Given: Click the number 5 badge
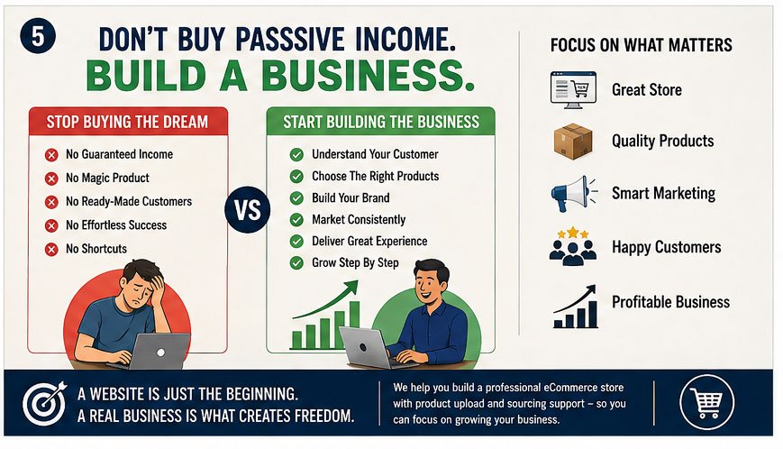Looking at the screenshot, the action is point(38,36).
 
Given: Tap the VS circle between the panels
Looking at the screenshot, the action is point(248,210).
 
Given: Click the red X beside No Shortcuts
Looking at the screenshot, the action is point(51,249).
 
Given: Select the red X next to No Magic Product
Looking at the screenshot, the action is point(51,179).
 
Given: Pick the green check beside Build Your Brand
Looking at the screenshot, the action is point(296,198).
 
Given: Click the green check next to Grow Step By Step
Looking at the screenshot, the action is point(296,262).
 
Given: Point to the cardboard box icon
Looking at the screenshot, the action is point(573,142).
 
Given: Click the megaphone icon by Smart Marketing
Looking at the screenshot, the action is point(573,194).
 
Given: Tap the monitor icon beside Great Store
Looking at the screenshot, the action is point(573,90).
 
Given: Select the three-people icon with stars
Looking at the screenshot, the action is point(573,246).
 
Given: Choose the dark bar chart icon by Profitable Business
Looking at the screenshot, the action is point(575,307).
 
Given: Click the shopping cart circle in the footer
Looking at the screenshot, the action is point(706,402).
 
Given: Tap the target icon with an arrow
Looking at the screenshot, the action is point(44,403).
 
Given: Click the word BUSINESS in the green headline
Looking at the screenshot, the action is point(367,76).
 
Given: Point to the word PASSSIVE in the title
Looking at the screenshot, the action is point(289,40).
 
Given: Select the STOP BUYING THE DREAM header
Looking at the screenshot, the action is point(127,122).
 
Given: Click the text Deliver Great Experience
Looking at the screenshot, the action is point(369,242).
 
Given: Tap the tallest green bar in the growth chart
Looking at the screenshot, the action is point(354,325).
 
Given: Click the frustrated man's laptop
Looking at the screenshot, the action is point(159,351).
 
